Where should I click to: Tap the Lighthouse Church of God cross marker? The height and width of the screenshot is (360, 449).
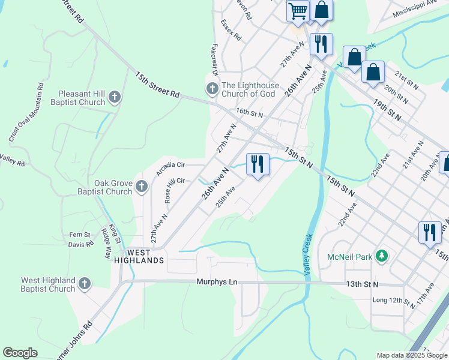point(212,89)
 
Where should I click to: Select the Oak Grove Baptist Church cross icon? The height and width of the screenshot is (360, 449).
point(141,187)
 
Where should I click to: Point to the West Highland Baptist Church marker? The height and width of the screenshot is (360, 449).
point(85,284)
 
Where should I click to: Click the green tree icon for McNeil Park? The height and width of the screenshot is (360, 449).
point(381,257)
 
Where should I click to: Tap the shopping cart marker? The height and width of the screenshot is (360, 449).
point(298,11)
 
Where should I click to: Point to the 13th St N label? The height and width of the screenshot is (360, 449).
point(362,284)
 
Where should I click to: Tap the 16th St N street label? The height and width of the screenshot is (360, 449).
point(250,112)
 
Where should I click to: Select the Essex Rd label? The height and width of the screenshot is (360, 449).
point(231,30)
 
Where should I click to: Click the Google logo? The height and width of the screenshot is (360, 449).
point(20,353)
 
